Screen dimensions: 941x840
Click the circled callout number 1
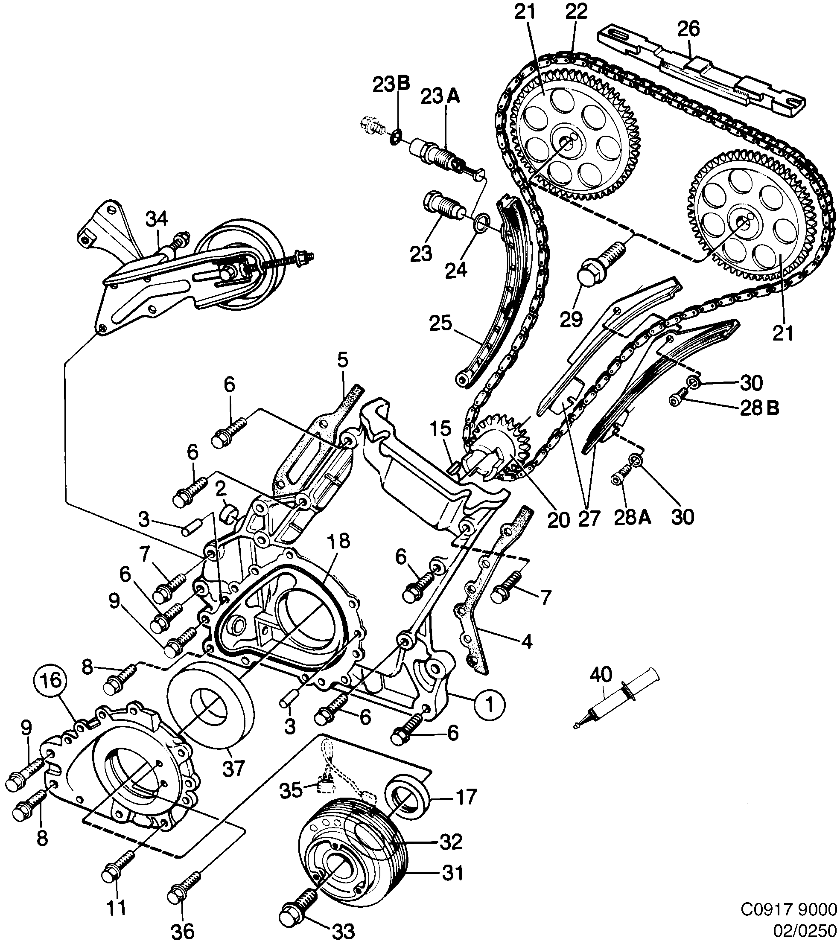(490, 705)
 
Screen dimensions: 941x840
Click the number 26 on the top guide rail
(688, 29)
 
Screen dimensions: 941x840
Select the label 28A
(632, 518)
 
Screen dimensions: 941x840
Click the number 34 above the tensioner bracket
(157, 220)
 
